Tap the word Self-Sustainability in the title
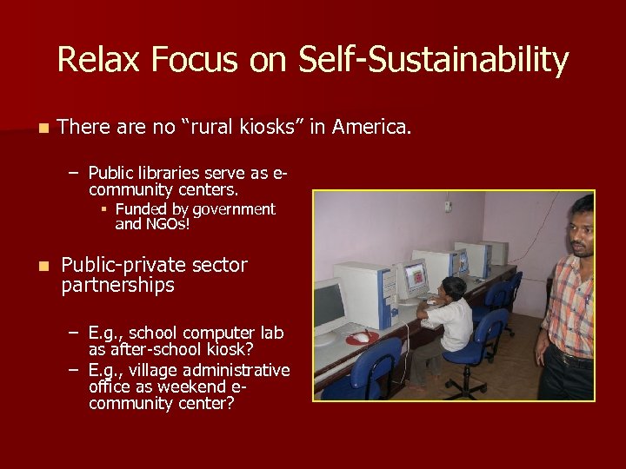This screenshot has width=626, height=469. point(433,60)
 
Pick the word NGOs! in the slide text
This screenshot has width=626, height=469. point(165,224)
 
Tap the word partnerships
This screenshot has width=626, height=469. point(118,285)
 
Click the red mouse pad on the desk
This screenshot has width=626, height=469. point(362,337)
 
